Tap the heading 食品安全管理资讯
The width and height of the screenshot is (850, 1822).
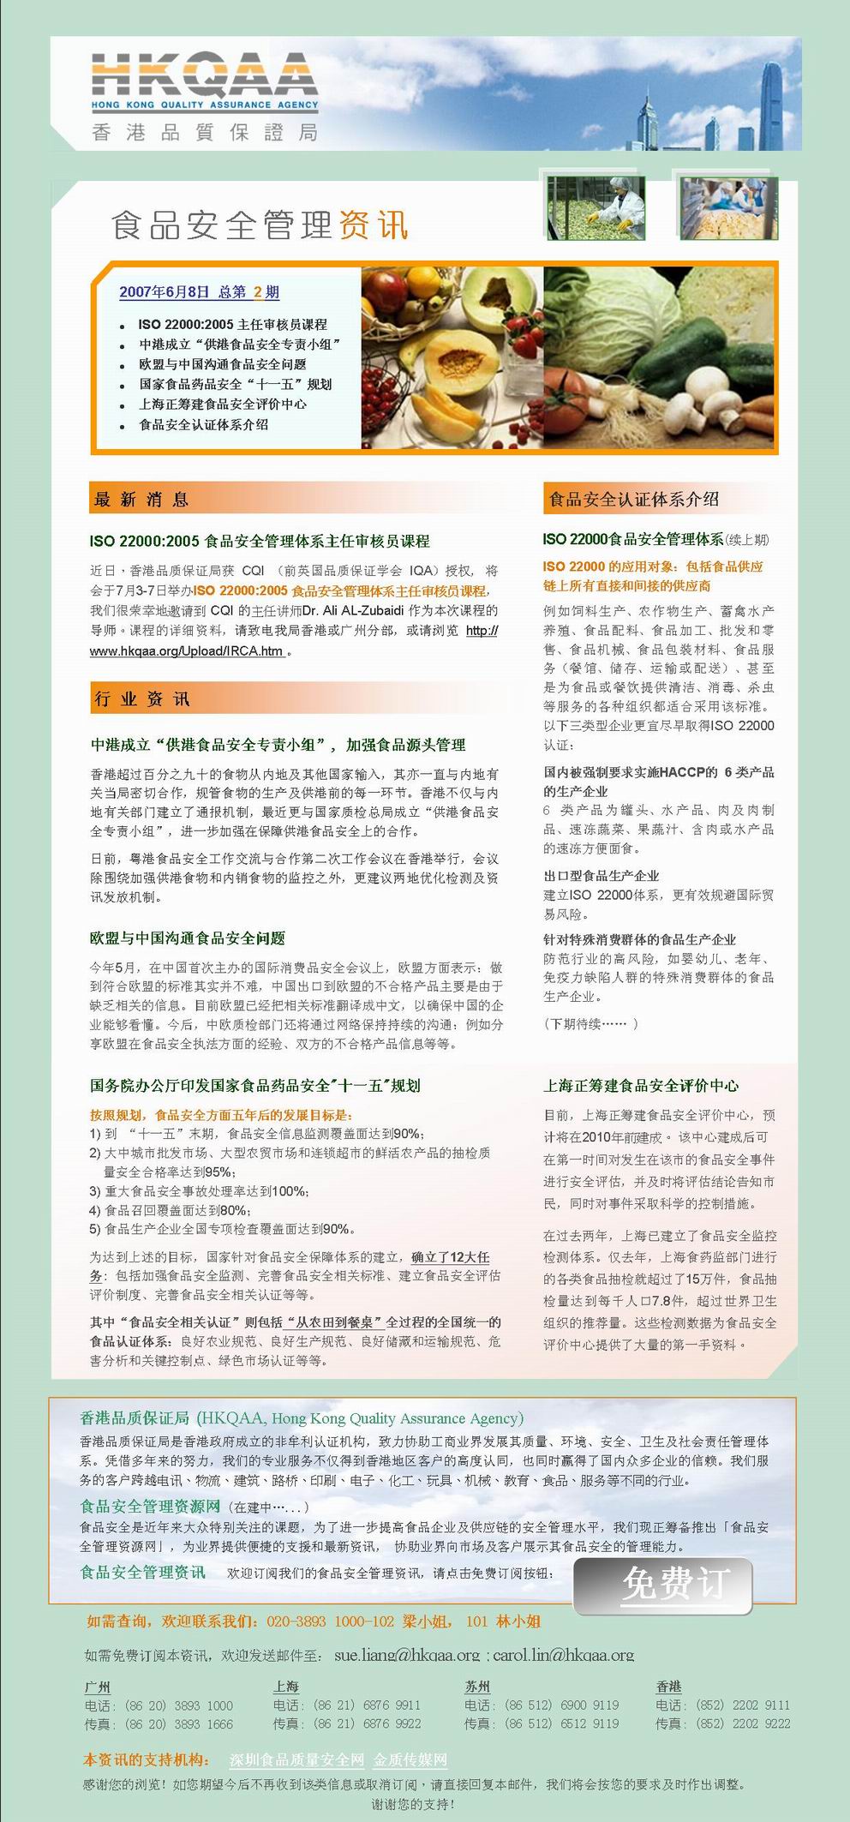pos(260,225)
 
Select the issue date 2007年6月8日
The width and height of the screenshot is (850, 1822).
pos(164,292)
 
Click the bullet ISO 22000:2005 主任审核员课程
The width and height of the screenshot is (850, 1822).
pos(232,325)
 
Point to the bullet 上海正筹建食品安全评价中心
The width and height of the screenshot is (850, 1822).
pos(223,405)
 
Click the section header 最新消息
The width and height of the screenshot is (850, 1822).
pos(142,500)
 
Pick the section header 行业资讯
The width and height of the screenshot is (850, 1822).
pos(142,699)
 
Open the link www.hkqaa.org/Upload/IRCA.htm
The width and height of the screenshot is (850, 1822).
pos(187,651)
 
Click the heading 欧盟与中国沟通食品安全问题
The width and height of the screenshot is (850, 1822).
pos(188,938)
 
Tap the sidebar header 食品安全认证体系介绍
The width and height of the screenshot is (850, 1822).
pos(633,500)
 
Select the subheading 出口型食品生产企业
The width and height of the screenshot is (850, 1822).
pos(601,876)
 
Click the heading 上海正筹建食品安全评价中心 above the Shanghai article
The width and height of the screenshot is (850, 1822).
pos(640,1086)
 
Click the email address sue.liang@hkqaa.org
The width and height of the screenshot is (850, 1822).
pos(407,1655)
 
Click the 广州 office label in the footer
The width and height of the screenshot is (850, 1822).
pos(98,1687)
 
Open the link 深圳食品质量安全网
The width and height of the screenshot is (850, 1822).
pos(296,1759)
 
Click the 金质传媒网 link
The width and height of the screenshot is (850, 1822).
pos(410,1759)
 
